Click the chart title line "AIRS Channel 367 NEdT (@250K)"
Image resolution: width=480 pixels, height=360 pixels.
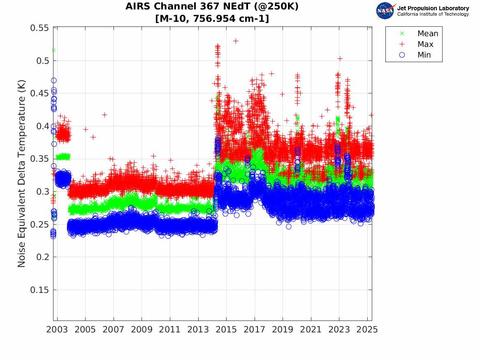(212, 7)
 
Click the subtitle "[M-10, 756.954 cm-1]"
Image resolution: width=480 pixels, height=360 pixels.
(212, 19)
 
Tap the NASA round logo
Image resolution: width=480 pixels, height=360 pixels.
(385, 11)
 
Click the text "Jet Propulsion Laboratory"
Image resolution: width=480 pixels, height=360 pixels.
(433, 8)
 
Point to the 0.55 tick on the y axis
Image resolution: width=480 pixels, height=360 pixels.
(39, 28)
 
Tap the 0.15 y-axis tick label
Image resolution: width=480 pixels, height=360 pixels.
(39, 290)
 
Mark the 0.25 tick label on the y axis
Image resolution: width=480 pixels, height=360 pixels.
(39, 225)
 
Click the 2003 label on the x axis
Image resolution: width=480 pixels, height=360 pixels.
(57, 330)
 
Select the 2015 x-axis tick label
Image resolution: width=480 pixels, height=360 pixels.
(226, 330)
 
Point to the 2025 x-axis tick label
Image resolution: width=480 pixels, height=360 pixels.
(367, 330)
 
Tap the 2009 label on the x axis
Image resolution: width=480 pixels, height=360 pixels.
(141, 330)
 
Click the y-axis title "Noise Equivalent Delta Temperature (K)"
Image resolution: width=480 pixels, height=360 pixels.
(22, 174)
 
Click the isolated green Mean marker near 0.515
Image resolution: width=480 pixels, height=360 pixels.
(53, 50)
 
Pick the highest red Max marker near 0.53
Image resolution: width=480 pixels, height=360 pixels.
(236, 41)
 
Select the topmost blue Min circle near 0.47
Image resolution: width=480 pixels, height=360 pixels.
(54, 81)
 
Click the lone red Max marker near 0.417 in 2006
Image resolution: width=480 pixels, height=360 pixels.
(104, 115)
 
